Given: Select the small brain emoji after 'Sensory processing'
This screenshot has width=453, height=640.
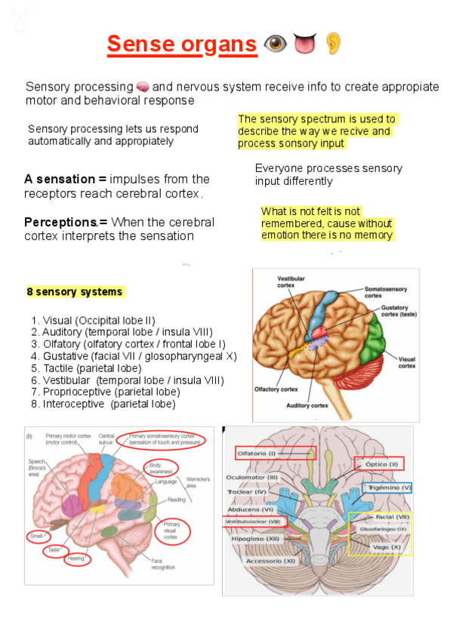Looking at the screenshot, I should (x=143, y=87).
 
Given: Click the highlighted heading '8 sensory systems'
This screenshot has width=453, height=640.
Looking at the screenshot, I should (x=75, y=292).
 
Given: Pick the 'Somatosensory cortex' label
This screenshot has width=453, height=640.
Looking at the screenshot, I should (x=384, y=292).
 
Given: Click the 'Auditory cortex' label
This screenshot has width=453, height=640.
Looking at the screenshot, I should (x=307, y=405).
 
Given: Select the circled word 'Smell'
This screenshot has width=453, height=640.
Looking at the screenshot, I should (x=36, y=535).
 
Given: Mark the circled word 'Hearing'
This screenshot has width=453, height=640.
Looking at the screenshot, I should (x=75, y=559).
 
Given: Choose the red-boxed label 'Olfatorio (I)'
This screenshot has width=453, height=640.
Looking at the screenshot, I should (x=257, y=453).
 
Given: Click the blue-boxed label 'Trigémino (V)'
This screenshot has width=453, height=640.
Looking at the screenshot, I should (x=390, y=488).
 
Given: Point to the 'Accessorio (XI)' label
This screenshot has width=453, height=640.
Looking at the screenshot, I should (x=270, y=562).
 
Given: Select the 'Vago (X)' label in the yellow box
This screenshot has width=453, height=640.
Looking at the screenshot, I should (x=386, y=547).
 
